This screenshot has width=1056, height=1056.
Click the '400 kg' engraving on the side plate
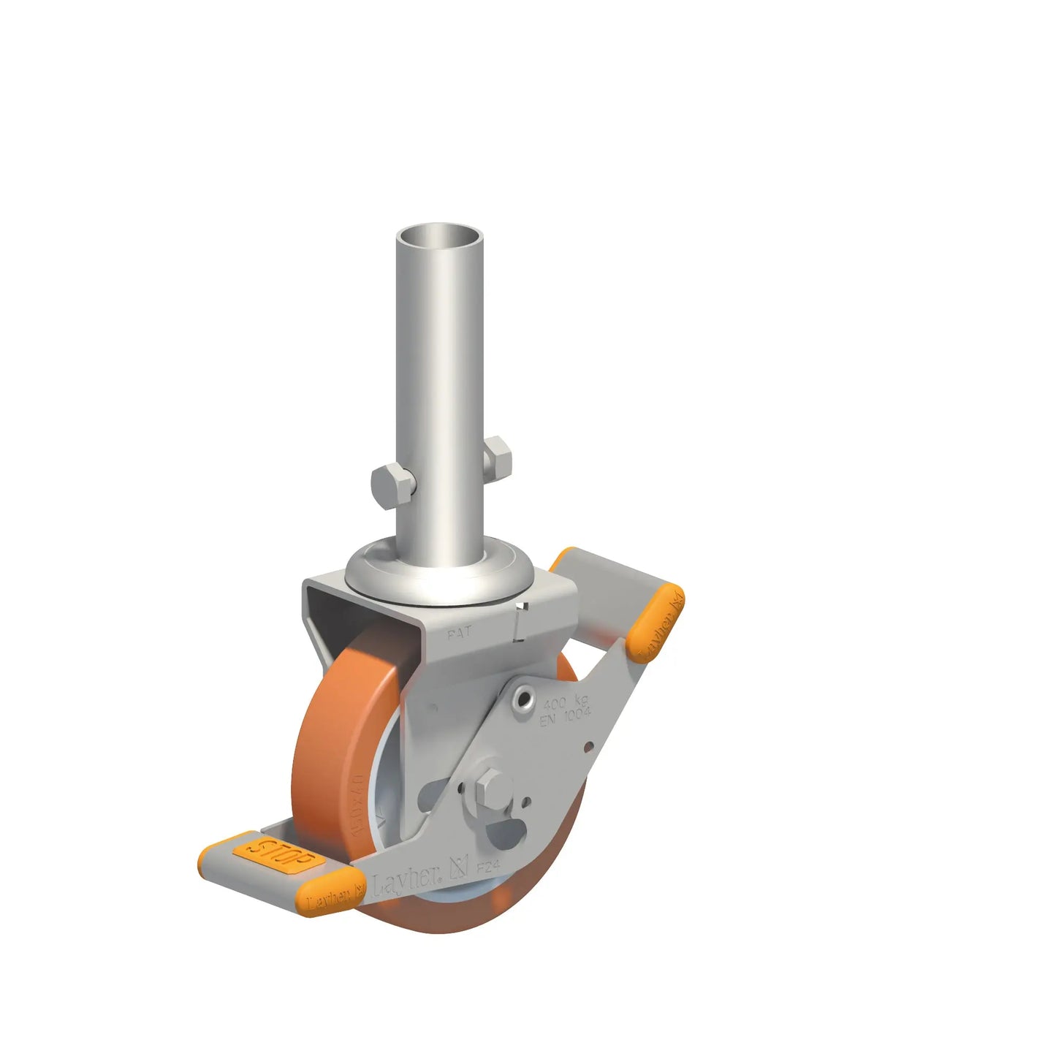[565, 702]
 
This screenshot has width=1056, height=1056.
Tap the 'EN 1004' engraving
[566, 715]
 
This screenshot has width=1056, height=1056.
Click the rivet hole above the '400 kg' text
[524, 699]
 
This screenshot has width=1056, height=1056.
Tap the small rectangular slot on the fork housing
[520, 620]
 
